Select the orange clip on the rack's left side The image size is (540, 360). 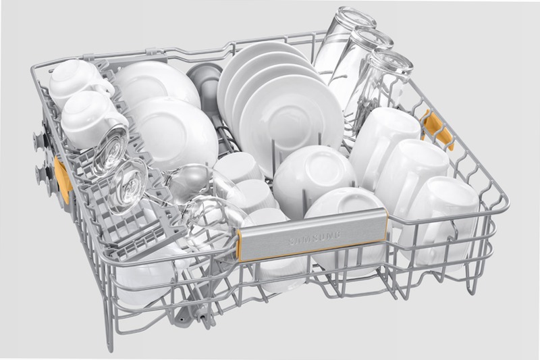pos(63,178)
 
